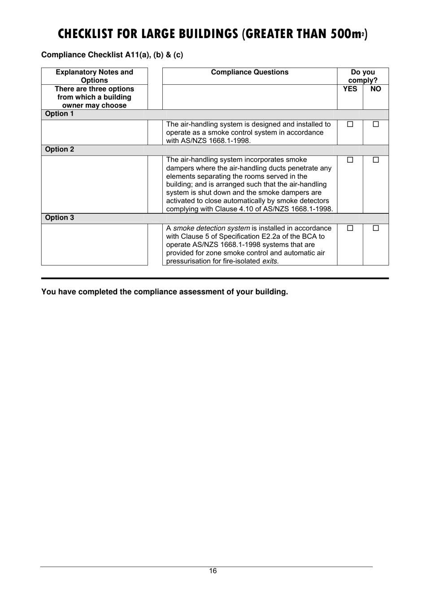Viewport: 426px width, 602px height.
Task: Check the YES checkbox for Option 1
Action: [350, 124]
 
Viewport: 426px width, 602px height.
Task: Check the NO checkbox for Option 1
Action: [376, 124]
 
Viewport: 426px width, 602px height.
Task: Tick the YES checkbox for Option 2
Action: [350, 160]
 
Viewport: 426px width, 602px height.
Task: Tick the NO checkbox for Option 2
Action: [376, 160]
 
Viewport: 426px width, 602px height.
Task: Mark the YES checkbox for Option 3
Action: [350, 228]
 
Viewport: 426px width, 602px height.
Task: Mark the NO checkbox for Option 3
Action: [376, 228]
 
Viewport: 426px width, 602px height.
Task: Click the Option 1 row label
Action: [59, 114]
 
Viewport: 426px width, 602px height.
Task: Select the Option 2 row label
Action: [60, 150]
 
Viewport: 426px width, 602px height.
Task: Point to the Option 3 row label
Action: [60, 218]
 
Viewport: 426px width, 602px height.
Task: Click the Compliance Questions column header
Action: [250, 72]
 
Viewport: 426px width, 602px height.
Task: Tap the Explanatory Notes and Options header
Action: [94, 76]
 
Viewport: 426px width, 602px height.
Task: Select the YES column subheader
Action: [350, 89]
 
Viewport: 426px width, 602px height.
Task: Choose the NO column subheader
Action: [376, 89]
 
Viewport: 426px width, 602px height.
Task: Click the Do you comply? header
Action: [363, 76]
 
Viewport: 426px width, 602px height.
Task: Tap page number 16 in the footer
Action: [213, 571]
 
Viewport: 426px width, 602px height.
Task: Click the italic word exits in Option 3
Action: [270, 261]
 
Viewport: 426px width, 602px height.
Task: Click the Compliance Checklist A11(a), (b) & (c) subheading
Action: [112, 55]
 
